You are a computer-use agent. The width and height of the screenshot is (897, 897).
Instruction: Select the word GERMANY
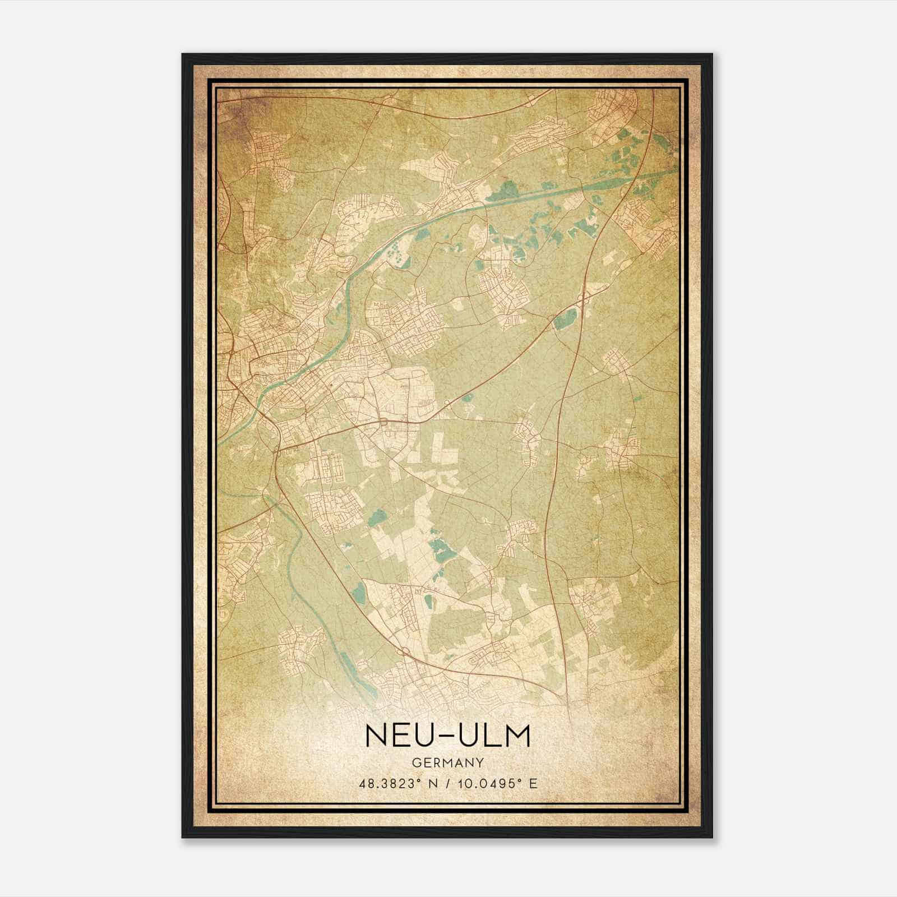447,763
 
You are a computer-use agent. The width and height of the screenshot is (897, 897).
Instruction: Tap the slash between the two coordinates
447,783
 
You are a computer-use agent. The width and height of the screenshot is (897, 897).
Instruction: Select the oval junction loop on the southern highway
403,651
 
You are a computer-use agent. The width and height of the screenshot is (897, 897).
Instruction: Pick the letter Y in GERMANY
480,763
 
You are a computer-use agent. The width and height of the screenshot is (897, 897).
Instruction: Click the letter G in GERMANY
414,763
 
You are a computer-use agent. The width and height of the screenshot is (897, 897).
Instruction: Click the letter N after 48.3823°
430,783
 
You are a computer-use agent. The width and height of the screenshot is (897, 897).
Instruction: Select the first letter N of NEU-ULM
376,736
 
